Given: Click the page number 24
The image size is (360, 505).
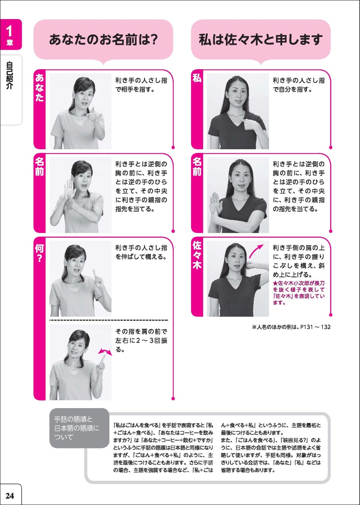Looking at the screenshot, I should pyautogui.click(x=10, y=496).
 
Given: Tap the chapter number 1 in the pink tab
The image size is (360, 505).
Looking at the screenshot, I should pyautogui.click(x=10, y=31).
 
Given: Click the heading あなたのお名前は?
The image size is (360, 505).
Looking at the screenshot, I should pyautogui.click(x=103, y=39).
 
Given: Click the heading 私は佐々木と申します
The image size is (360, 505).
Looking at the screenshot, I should pyautogui.click(x=260, y=39).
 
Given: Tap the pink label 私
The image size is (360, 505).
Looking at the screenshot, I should pyautogui.click(x=197, y=78).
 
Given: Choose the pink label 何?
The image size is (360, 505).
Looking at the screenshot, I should pyautogui.click(x=39, y=253).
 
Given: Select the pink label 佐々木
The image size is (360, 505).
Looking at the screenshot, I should pyautogui.click(x=197, y=255).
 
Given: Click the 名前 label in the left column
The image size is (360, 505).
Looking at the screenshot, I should pyautogui.click(x=39, y=167).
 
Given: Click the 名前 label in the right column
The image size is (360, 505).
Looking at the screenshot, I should pyautogui.click(x=197, y=167).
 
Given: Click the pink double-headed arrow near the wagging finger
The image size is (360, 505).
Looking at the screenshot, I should pyautogui.click(x=105, y=352).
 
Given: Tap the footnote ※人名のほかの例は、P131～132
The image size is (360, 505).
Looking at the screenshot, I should pyautogui.click(x=291, y=327).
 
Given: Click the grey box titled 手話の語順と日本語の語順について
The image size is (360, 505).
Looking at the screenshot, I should pyautogui.click(x=79, y=428).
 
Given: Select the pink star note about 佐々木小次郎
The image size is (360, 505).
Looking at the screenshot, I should pyautogui.click(x=299, y=293).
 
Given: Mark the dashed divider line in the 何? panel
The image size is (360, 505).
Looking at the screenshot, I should pyautogui.click(x=109, y=321).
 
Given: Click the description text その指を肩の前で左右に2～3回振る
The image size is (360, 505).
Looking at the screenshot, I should pyautogui.click(x=141, y=340).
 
